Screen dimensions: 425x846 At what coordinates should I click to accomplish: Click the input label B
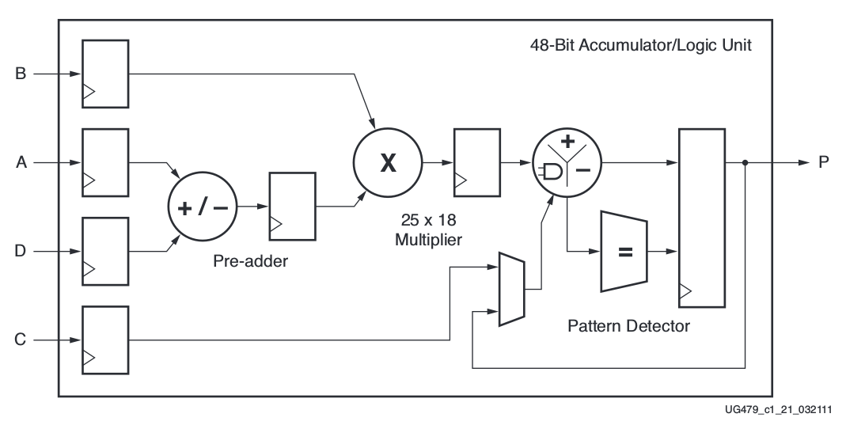point(21,74)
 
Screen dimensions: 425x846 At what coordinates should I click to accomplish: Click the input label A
point(21,163)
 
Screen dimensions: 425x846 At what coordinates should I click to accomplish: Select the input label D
point(21,252)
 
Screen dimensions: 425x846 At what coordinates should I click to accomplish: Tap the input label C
point(21,341)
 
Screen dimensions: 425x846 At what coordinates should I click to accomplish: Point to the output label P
point(824,163)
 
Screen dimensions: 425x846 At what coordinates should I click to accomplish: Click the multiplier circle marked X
point(387,163)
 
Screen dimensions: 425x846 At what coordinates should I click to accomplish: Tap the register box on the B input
point(104,73)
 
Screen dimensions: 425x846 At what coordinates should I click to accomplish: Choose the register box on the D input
point(104,251)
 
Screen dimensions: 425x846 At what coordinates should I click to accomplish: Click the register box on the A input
point(104,162)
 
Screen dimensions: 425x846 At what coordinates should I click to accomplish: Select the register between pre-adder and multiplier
point(292,207)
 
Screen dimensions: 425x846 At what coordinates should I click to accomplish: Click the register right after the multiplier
point(476,162)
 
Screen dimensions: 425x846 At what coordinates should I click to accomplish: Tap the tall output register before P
point(701,216)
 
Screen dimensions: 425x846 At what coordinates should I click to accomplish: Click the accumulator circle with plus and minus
point(566,163)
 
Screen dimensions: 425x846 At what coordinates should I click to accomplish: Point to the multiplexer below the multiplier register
point(512,289)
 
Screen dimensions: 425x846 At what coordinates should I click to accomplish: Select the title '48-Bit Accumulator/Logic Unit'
point(640,45)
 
